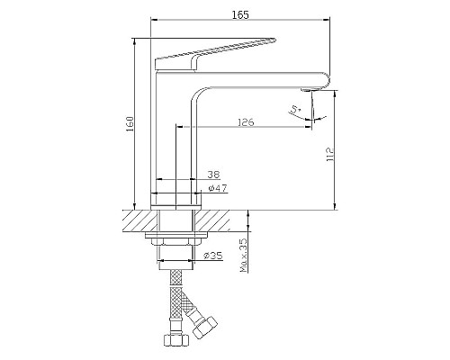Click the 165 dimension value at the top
[x=240, y=14]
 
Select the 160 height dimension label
[x=130, y=124]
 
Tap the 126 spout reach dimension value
[x=246, y=122]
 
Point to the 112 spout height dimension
[x=330, y=155]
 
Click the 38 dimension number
[x=214, y=174]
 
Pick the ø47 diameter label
[x=218, y=188]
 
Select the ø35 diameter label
[x=212, y=256]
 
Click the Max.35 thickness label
[x=245, y=255]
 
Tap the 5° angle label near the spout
[x=296, y=109]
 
